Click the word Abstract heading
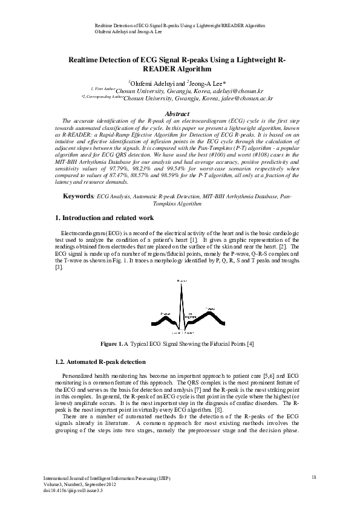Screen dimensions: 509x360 pos(180,114)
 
